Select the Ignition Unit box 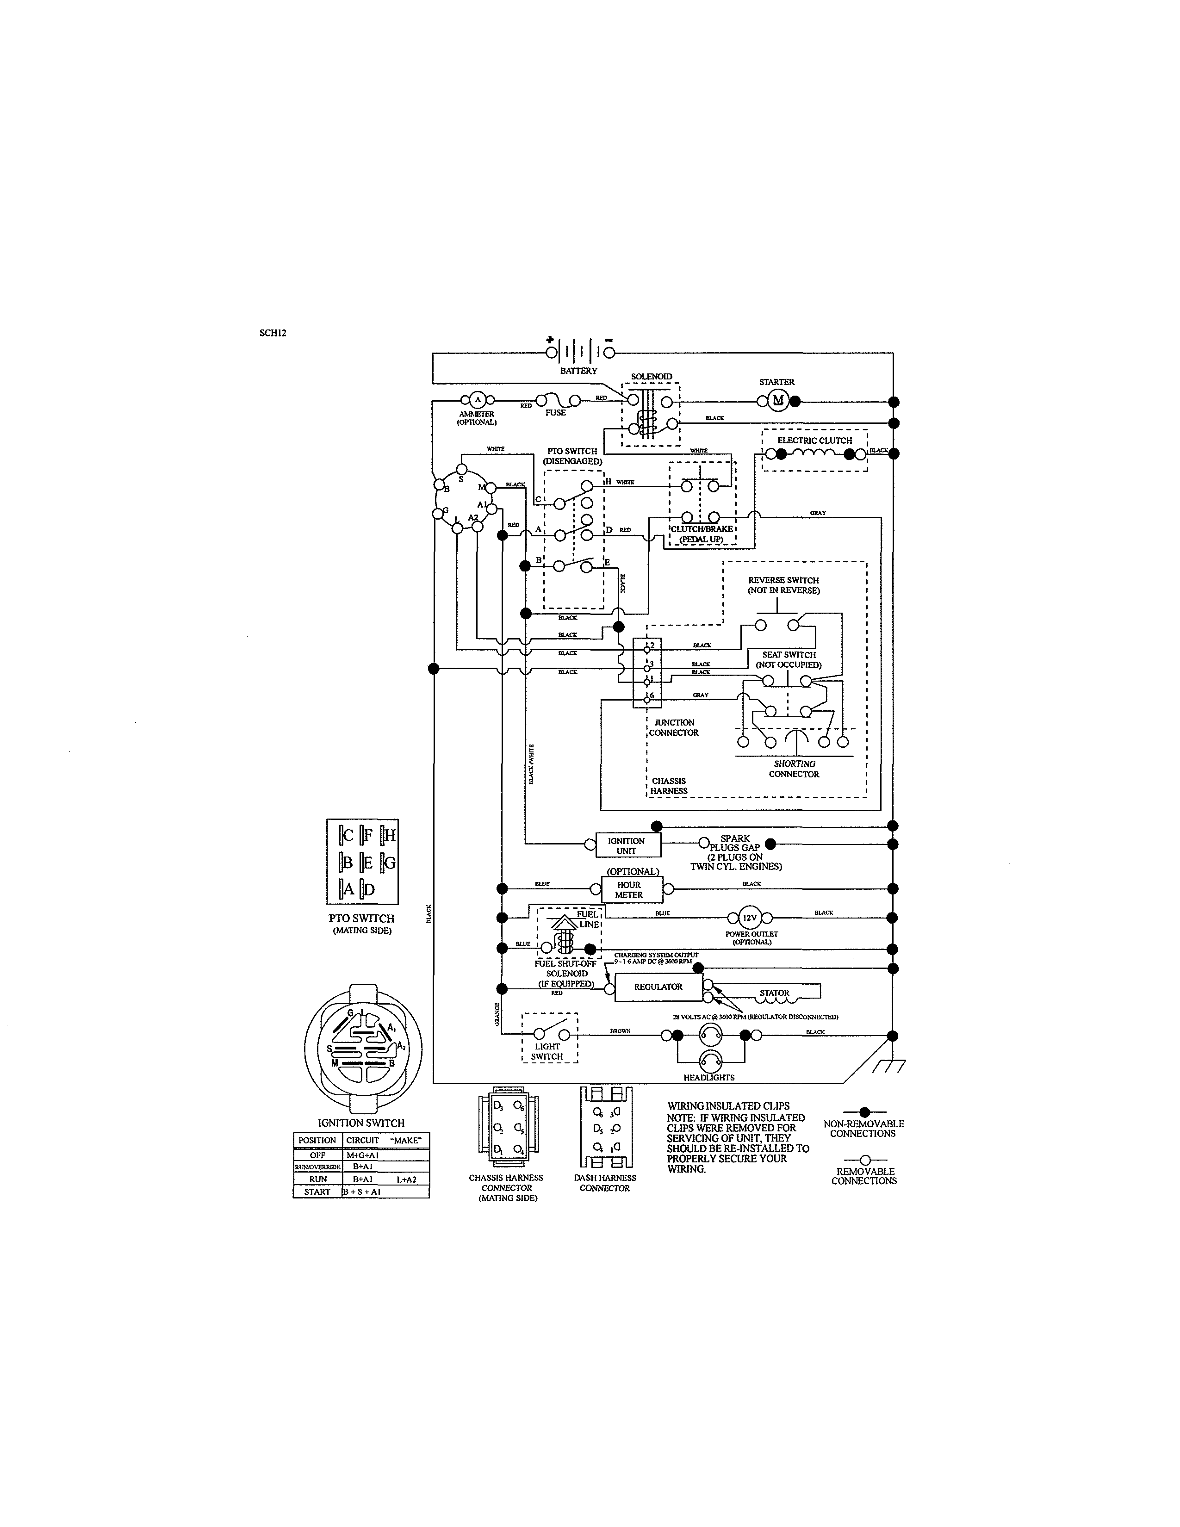(627, 845)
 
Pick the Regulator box (658, 987)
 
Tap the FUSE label (556, 412)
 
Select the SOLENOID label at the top (652, 377)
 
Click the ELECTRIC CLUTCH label (814, 441)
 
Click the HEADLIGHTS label (709, 1077)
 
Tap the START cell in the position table (317, 1192)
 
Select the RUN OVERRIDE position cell (317, 1167)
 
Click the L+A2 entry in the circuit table (406, 1179)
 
